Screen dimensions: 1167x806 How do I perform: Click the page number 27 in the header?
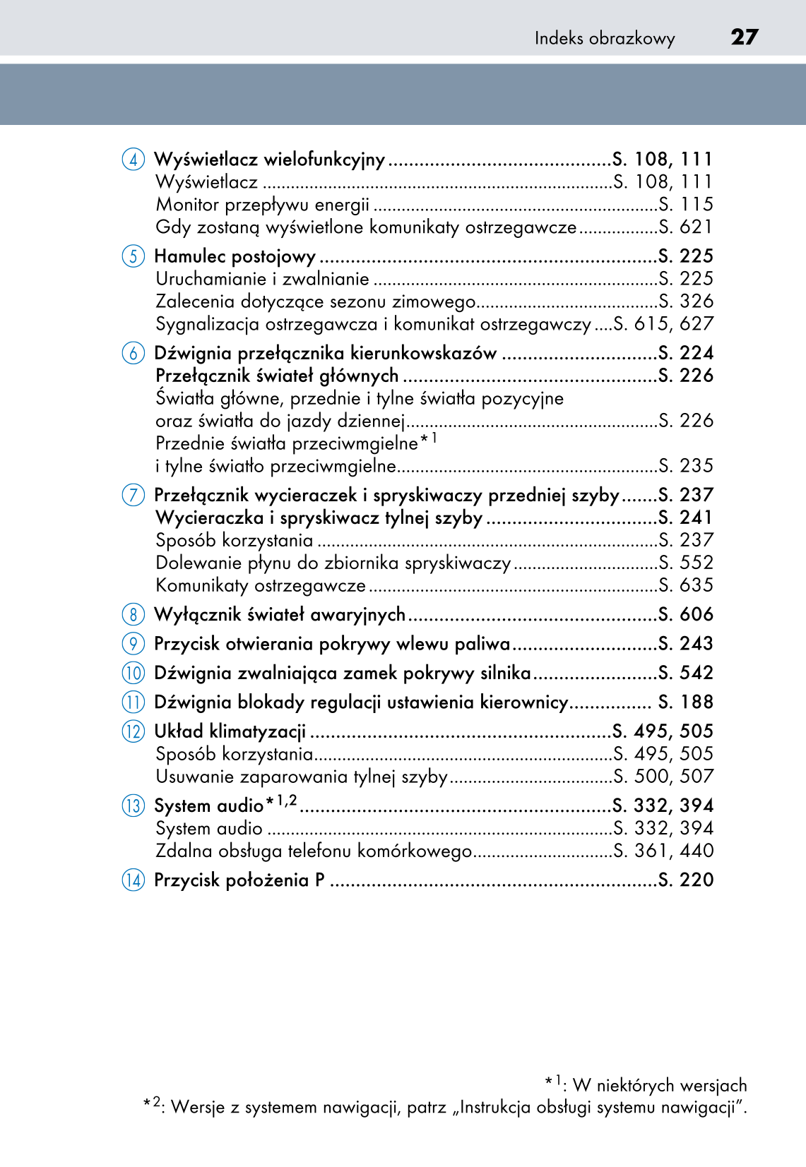point(744,37)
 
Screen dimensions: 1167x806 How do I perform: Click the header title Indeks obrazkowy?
point(604,38)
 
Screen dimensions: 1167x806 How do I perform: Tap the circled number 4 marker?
point(133,160)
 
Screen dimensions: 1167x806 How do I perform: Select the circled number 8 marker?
point(133,615)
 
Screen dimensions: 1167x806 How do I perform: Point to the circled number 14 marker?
point(133,880)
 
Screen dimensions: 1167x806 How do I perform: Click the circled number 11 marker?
point(133,702)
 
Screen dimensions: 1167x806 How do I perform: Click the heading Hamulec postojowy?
point(235,256)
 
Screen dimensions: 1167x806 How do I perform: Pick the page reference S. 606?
point(685,615)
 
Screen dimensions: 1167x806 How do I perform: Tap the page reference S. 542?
point(685,673)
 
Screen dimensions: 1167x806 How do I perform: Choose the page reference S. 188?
point(685,702)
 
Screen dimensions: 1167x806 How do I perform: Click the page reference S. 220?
point(685,880)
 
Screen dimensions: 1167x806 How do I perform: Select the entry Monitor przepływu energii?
point(262,205)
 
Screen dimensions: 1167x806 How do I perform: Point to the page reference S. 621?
point(685,227)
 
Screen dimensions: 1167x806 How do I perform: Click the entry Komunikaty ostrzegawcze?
point(261,586)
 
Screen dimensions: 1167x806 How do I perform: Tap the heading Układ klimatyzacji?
point(230,731)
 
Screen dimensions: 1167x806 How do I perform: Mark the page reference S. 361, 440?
point(663,851)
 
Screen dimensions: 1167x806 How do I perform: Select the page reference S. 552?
point(685,563)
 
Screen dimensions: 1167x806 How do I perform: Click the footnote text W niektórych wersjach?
point(659,1085)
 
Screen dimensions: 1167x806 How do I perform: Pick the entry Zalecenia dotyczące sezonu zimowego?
point(315,302)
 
